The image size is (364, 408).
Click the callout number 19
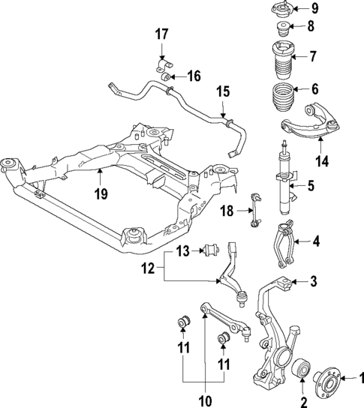pos(101,194)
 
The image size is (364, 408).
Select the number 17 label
pos(162,34)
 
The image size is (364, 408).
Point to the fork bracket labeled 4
pos(284,242)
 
